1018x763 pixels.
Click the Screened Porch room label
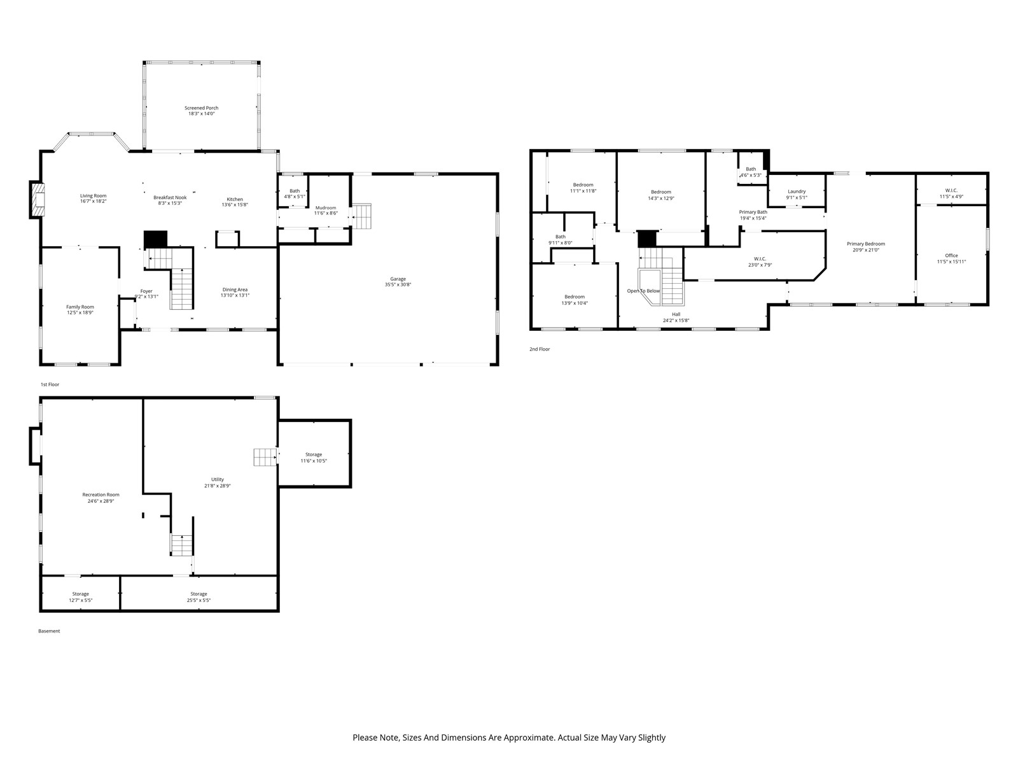[201, 108]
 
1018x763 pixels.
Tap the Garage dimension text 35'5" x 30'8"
[398, 285]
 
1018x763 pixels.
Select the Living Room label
[94, 196]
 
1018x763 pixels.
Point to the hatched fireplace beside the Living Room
[38, 199]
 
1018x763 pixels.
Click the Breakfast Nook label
[171, 198]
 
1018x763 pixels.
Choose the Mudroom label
[326, 208]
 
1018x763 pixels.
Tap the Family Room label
[80, 307]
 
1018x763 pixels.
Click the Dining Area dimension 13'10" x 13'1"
[235, 295]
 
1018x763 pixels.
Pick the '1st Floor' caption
[50, 384]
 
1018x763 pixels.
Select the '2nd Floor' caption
[540, 349]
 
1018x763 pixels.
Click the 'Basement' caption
[49, 631]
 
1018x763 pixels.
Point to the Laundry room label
[797, 192]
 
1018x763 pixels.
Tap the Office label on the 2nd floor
[951, 256]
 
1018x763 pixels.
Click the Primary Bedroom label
[866, 244]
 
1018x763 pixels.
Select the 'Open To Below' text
[643, 291]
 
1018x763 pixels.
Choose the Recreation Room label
[101, 495]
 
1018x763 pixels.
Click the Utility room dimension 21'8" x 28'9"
[218, 486]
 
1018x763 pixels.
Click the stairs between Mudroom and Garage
[361, 216]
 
